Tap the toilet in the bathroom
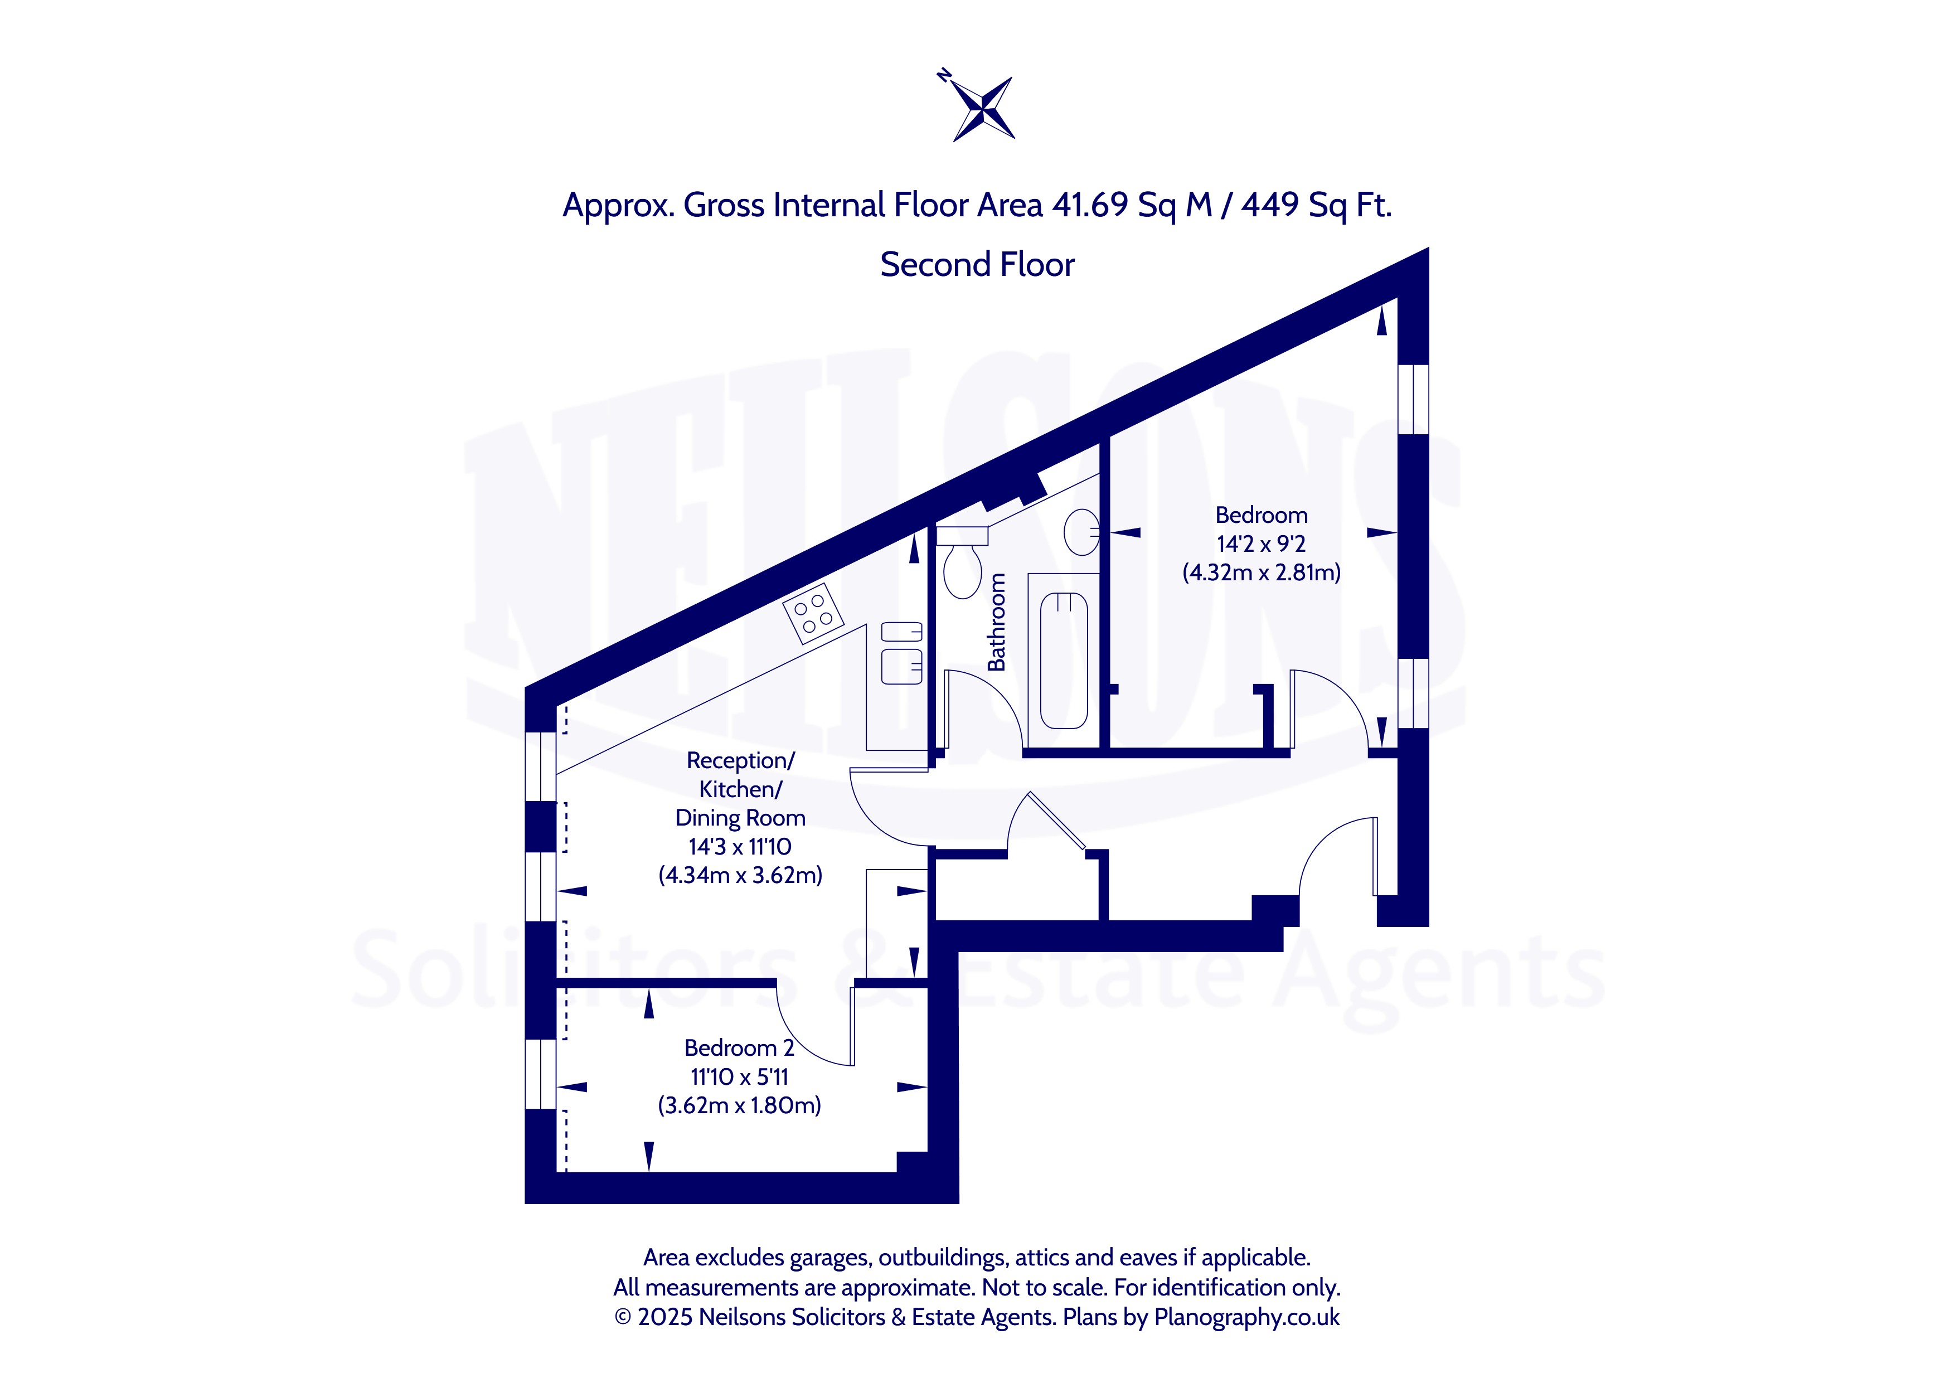pyautogui.click(x=962, y=562)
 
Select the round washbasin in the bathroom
pyautogui.click(x=1081, y=532)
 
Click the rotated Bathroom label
pyautogui.click(x=996, y=622)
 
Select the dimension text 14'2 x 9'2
pyautogui.click(x=1261, y=544)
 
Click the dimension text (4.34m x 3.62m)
pyautogui.click(x=740, y=875)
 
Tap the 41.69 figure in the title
pyautogui.click(x=1090, y=205)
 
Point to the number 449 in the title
pyautogui.click(x=1269, y=205)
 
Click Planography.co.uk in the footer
pyautogui.click(x=1246, y=1317)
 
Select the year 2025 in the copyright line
pyautogui.click(x=665, y=1317)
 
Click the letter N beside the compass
pyautogui.click(x=943, y=75)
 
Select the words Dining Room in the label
pyautogui.click(x=740, y=818)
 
